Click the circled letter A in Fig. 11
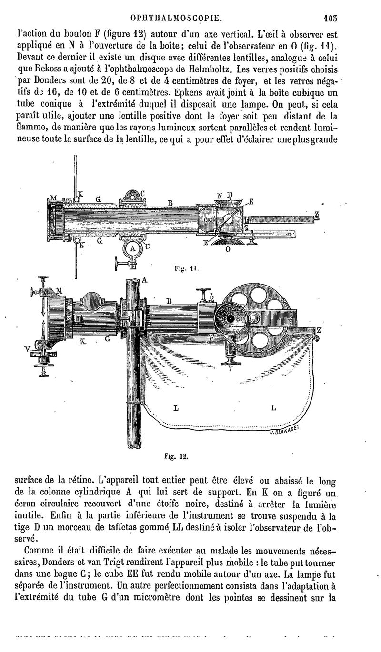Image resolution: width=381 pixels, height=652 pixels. pyautogui.click(x=133, y=248)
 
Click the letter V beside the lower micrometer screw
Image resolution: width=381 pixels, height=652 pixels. pyautogui.click(x=28, y=349)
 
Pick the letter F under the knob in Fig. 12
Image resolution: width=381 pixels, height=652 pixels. pyautogui.click(x=231, y=367)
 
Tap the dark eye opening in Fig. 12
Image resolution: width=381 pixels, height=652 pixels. pyautogui.click(x=230, y=318)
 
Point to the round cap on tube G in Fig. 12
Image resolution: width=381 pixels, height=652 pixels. pyautogui.click(x=94, y=301)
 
